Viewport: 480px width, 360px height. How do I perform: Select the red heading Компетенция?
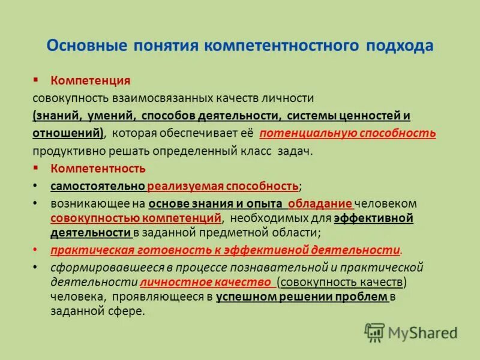91,80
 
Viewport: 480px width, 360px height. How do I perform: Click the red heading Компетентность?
97,169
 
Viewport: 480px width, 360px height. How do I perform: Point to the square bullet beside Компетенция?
36,80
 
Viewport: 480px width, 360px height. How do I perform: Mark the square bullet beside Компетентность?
36,168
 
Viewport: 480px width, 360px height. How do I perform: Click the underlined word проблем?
362,296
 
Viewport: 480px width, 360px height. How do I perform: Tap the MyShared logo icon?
375,332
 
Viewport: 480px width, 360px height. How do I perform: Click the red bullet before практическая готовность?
36,249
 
